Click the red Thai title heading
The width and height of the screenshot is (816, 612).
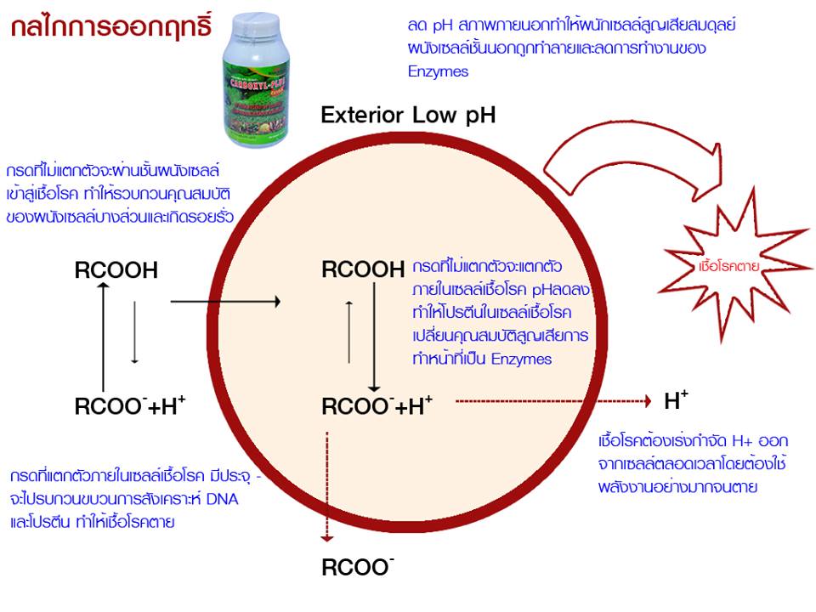point(111,26)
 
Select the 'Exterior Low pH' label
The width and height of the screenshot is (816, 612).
point(407,116)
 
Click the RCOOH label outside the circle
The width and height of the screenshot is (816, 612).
point(116,271)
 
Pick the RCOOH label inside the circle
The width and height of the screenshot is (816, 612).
point(363,271)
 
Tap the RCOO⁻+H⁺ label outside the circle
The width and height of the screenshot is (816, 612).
point(130,407)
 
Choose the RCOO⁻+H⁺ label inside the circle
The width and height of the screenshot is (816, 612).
point(377,407)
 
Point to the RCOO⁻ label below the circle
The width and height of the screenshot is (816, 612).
point(357,567)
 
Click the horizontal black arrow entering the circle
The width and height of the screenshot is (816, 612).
point(225,302)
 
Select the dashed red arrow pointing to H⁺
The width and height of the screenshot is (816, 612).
point(552,399)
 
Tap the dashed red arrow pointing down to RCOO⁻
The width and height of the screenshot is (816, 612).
point(326,484)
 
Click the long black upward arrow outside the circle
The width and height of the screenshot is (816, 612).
point(104,336)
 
